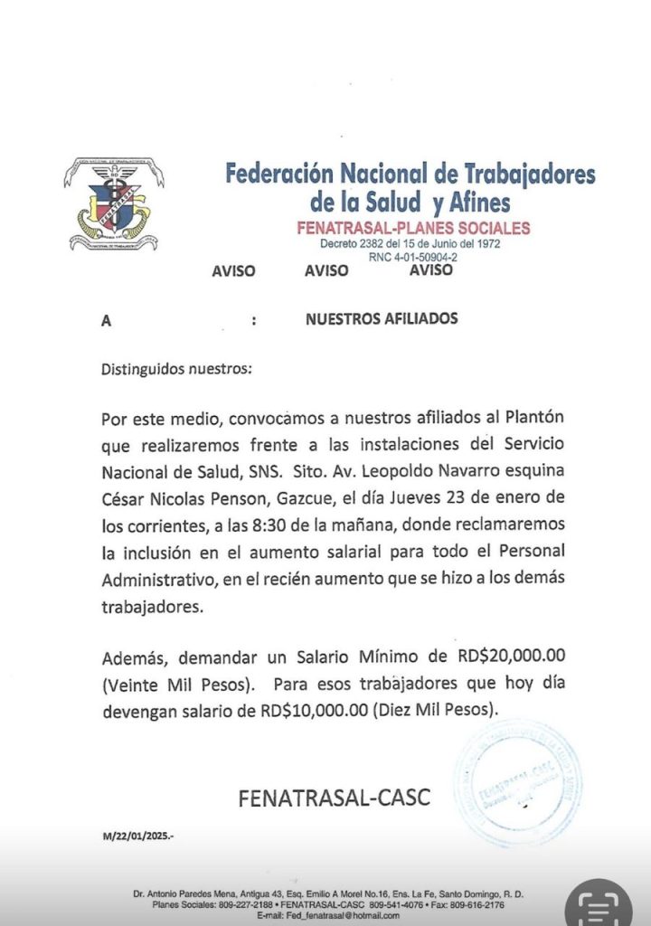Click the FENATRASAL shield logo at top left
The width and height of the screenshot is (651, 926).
tap(113, 204)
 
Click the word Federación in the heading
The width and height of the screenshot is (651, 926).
tap(279, 173)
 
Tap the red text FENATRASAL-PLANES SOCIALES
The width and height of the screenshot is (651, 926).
tap(413, 228)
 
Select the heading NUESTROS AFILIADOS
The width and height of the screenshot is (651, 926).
tap(382, 318)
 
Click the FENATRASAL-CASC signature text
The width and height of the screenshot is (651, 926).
tap(335, 798)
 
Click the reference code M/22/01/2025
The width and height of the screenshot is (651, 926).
tap(138, 836)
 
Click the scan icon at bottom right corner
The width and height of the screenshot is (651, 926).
tap(599, 904)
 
